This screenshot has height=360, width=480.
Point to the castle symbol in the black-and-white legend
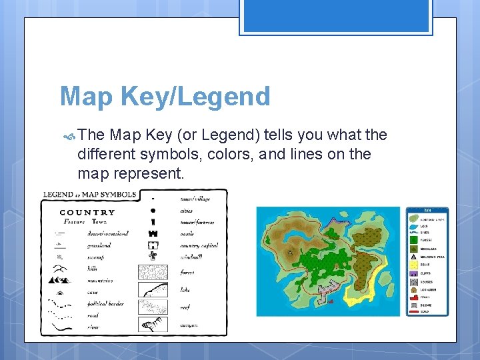[153, 233]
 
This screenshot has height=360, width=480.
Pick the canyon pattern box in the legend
[152, 324]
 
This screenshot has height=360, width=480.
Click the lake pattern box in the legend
[152, 289]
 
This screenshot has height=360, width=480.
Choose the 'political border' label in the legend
[105, 304]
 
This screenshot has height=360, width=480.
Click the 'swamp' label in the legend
[95, 257]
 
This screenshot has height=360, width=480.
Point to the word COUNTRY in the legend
[87, 213]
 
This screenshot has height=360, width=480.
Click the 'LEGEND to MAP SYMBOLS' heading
[90, 195]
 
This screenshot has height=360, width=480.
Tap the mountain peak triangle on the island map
[289, 253]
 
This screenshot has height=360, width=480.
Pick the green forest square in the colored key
[414, 239]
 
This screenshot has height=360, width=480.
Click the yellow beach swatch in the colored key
[414, 265]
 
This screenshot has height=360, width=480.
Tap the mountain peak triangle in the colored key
[414, 256]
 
